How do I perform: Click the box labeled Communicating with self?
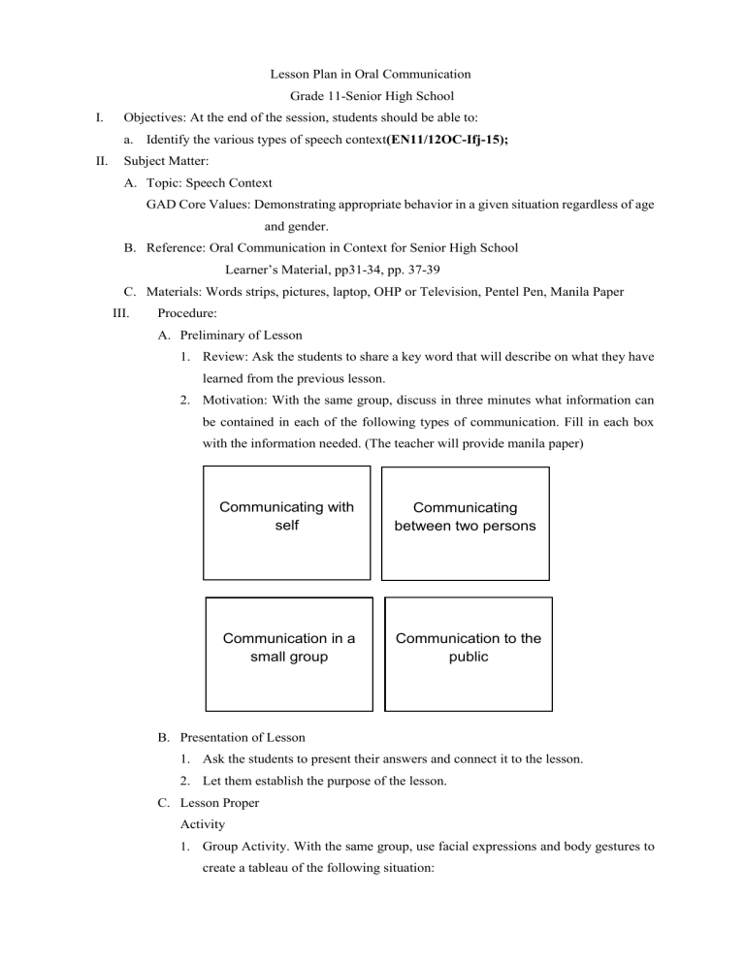pos(286,522)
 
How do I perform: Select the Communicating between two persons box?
pos(465,522)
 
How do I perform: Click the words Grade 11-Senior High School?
pos(372,96)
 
